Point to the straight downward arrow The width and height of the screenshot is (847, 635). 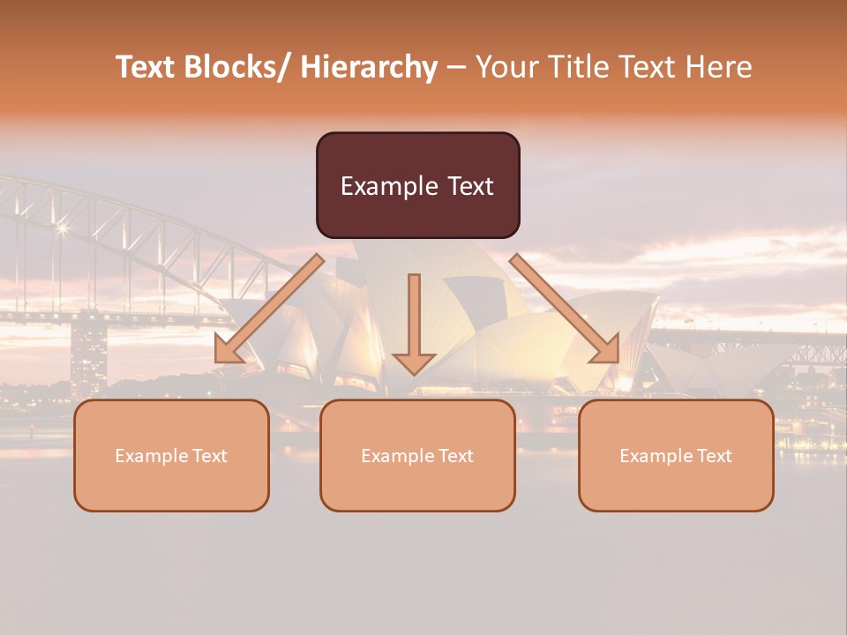tap(414, 323)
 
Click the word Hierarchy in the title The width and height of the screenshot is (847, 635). tap(369, 67)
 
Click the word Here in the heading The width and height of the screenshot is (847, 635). tap(720, 67)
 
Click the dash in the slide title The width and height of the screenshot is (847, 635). tap(456, 67)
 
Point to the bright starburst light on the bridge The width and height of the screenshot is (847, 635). tap(62, 228)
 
